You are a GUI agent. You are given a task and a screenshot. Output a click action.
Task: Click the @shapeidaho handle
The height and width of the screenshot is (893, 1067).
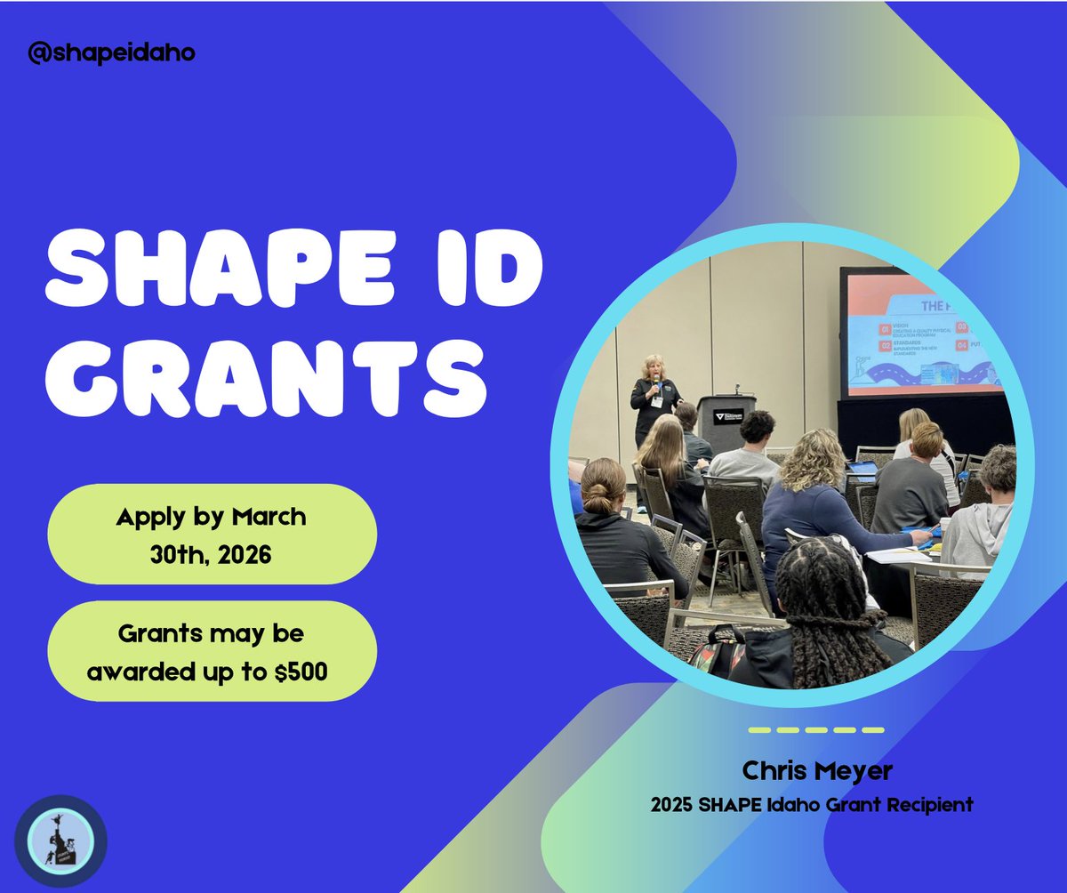pos(111,53)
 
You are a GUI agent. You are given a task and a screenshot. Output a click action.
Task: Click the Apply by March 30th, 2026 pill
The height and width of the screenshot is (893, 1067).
pos(212,535)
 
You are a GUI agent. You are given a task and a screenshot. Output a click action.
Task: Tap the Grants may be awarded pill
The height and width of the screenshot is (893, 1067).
pos(212,652)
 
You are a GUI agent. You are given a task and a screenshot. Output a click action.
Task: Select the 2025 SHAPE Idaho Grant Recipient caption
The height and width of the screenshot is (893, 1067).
pos(811,806)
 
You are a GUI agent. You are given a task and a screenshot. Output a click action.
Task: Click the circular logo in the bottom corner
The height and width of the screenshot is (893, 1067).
pos(61,841)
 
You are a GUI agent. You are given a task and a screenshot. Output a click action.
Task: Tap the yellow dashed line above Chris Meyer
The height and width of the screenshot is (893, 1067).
pos(815,730)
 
